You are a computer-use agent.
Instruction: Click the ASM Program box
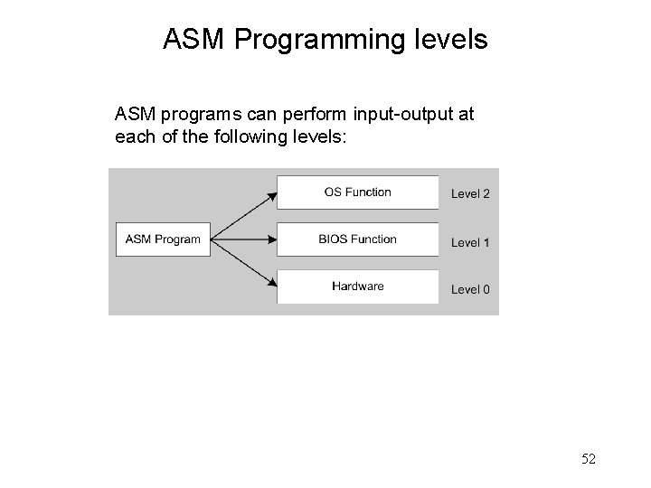163,239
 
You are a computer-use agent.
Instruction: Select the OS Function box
357,192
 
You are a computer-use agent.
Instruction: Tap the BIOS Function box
357,239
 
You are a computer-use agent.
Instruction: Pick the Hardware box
357,286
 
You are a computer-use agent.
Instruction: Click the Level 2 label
470,193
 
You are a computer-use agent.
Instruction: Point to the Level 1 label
470,242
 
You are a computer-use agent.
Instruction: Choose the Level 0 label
470,289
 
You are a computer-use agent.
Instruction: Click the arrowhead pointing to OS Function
271,192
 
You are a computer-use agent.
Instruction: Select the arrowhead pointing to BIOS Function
271,239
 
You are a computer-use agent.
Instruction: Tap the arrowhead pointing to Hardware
271,286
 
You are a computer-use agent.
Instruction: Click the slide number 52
588,459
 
